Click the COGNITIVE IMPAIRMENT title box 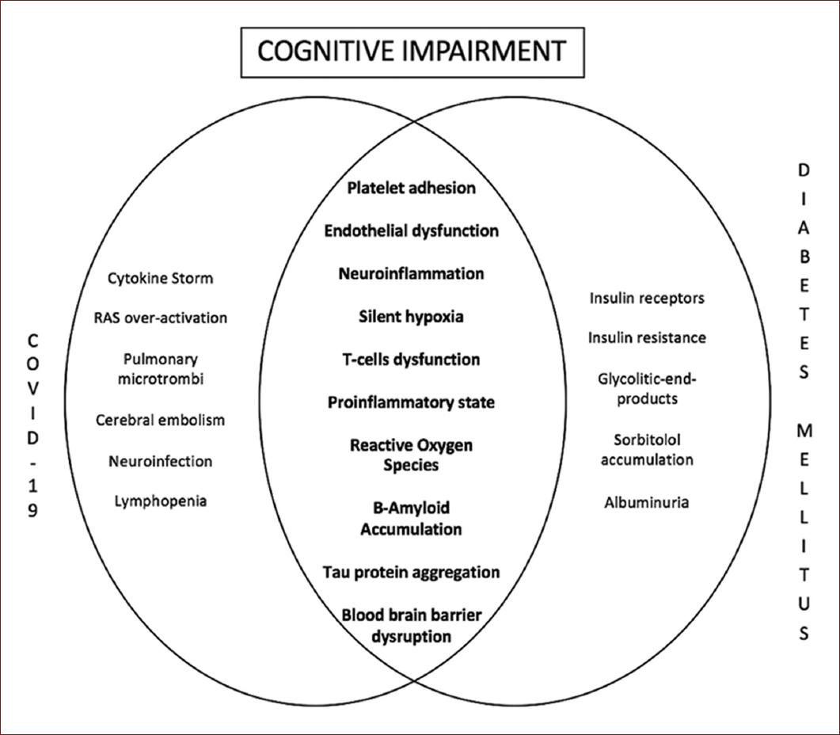412,51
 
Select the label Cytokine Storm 160,278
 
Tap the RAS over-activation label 160,318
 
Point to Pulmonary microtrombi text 160,369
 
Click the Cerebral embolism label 160,420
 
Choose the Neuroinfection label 160,461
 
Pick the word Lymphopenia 160,501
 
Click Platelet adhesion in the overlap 412,188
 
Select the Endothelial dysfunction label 412,230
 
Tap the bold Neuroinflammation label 412,273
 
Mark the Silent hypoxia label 412,317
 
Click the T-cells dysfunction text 412,360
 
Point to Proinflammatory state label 412,402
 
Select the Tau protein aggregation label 412,572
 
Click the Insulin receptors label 647,298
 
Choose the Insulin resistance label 647,337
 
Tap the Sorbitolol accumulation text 647,449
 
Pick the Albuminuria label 647,502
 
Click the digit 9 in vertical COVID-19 32,511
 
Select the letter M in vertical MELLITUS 804,431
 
